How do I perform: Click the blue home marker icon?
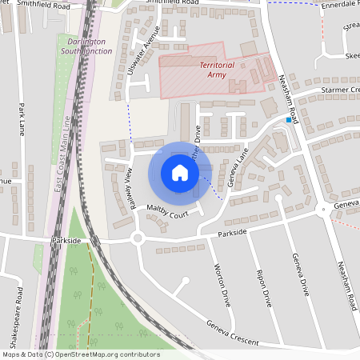coord(180,173)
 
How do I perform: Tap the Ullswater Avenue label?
coord(143,50)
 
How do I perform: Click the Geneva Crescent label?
coord(233,333)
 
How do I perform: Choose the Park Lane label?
coord(22,119)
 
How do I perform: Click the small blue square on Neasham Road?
coord(289,120)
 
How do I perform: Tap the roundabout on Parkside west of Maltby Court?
coord(138,238)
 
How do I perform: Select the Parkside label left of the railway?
coord(66,239)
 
